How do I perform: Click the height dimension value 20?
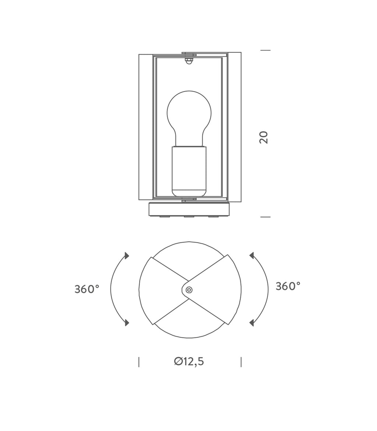pos(264,137)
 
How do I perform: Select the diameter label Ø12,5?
pos(189,362)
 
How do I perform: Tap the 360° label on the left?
pos(87,289)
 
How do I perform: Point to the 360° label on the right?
pos(288,286)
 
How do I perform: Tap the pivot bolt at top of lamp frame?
pos(189,60)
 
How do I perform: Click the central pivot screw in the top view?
pos(189,290)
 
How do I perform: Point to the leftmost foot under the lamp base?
pos(165,216)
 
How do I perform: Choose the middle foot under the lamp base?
pos(189,216)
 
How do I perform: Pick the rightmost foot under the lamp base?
pos(214,216)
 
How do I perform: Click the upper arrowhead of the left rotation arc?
pos(127,256)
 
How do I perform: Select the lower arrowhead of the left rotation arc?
pos(127,323)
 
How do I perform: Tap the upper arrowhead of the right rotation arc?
pos(252,256)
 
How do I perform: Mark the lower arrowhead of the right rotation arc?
pos(252,323)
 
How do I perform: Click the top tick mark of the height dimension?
pos(265,50)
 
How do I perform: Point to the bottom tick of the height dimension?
pos(265,217)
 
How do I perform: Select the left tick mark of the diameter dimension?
pos(139,362)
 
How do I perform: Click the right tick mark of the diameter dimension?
pos(241,362)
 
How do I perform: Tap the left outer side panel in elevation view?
pos(146,127)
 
